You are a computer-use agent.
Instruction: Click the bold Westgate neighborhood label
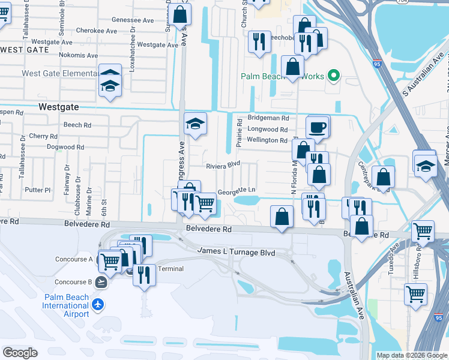pos(58,106)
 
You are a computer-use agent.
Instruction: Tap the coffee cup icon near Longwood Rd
pos(318,127)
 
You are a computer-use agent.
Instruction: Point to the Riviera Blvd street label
pos(223,164)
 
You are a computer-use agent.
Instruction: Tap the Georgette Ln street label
pos(237,191)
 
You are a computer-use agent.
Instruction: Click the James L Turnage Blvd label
pos(237,253)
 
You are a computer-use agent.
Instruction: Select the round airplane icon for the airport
pos(98,304)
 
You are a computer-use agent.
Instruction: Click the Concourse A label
pos(74,259)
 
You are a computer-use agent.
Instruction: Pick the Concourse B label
pos(74,282)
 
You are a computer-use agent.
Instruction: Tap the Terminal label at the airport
pos(170,269)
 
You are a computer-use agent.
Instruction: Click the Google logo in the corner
pos(20,353)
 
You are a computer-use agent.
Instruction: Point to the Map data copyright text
pos(412,355)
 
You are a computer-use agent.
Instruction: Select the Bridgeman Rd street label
pos(268,119)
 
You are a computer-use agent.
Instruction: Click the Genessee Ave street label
pos(133,20)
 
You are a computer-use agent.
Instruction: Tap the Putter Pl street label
pos(38,190)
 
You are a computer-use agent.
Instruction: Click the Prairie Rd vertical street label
pos(238,133)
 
